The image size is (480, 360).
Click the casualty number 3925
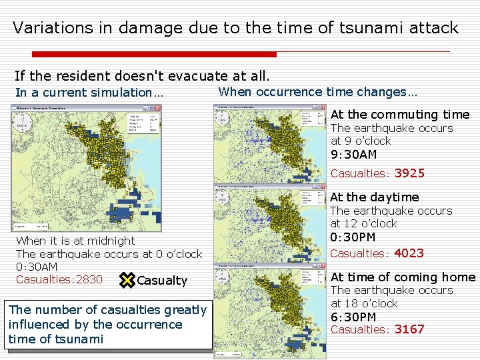click(409, 174)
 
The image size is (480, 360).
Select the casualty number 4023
click(409, 253)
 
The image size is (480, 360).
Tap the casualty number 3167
click(409, 329)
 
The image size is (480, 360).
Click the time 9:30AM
click(353, 155)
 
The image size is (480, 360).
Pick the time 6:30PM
click(353, 317)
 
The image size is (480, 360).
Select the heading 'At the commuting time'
click(400, 115)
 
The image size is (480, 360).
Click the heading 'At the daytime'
click(375, 197)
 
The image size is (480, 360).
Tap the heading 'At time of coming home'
click(403, 277)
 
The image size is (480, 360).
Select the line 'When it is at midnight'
click(75, 241)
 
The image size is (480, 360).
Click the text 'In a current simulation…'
click(89, 93)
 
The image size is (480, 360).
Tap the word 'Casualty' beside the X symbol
click(161, 281)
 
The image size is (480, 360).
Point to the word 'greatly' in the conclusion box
click(183, 310)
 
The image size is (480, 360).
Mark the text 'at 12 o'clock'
click(363, 223)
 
